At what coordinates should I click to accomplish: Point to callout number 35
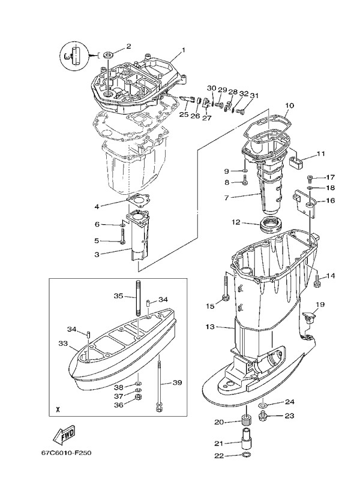(118, 296)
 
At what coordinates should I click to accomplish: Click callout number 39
(177, 382)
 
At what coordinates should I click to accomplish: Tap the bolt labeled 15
(225, 296)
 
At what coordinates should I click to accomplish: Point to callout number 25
(184, 114)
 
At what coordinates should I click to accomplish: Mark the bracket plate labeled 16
(305, 201)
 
